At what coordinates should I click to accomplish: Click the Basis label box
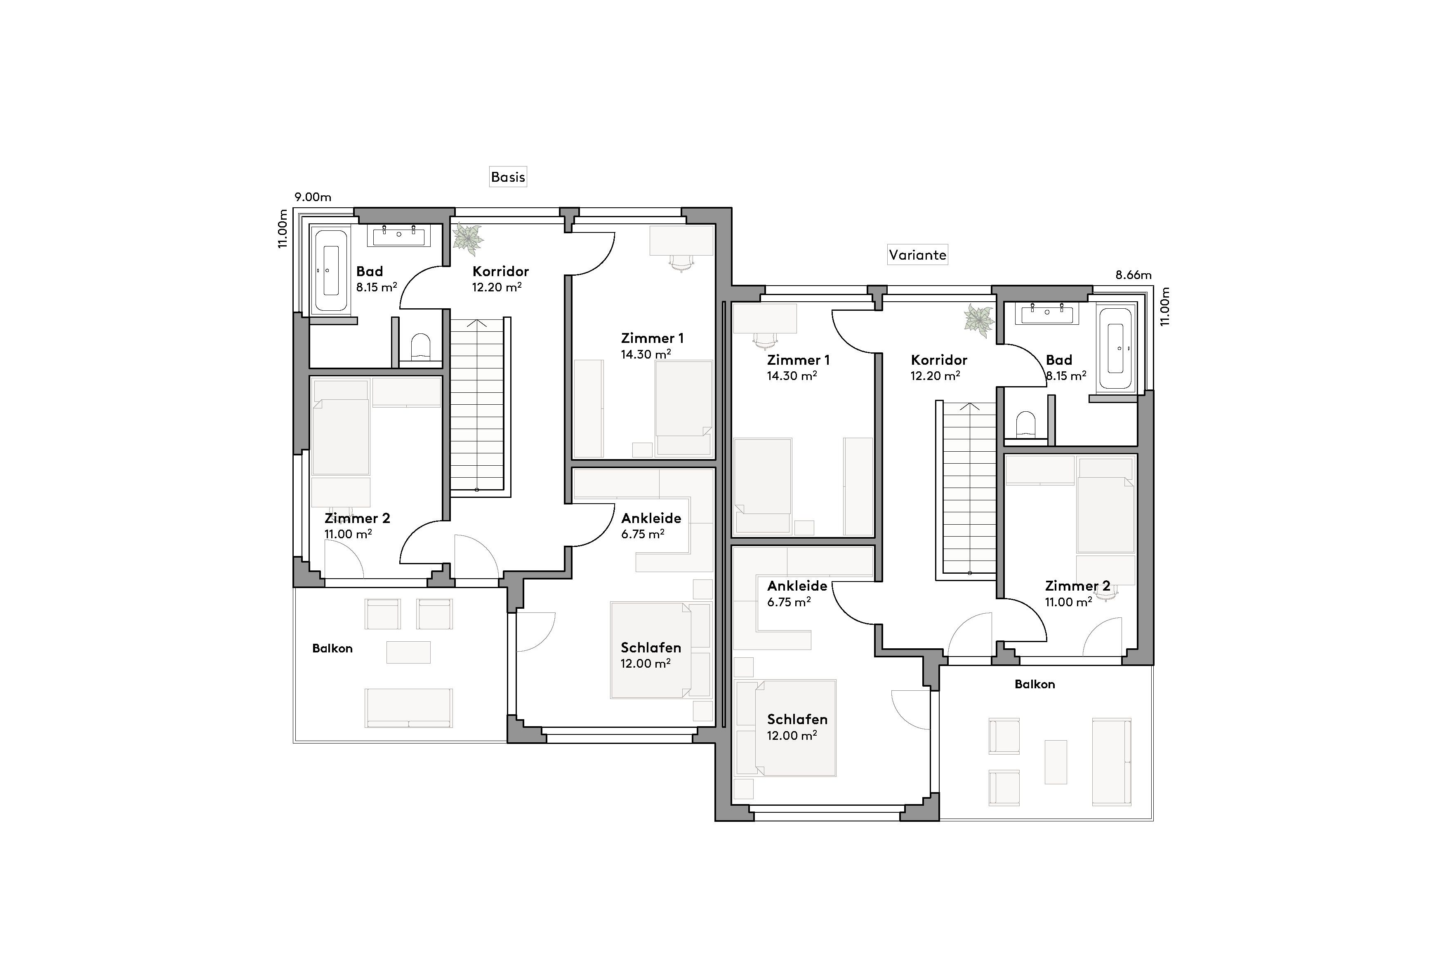click(x=508, y=177)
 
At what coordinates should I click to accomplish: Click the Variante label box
click(x=917, y=255)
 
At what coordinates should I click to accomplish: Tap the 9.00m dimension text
click(x=313, y=197)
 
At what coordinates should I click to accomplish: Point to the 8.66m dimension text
click(x=1133, y=275)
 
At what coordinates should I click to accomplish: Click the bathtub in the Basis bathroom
click(x=330, y=270)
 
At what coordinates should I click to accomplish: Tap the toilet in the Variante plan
click(x=1025, y=424)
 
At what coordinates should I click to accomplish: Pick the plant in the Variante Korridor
click(x=979, y=320)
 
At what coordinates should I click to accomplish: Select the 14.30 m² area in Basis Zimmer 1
click(x=646, y=354)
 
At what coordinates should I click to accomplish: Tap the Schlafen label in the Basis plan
click(x=650, y=647)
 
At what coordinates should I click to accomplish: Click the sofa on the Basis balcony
click(x=408, y=708)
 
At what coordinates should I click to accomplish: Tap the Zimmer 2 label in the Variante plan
click(x=1077, y=586)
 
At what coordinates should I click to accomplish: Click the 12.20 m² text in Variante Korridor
click(x=935, y=375)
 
